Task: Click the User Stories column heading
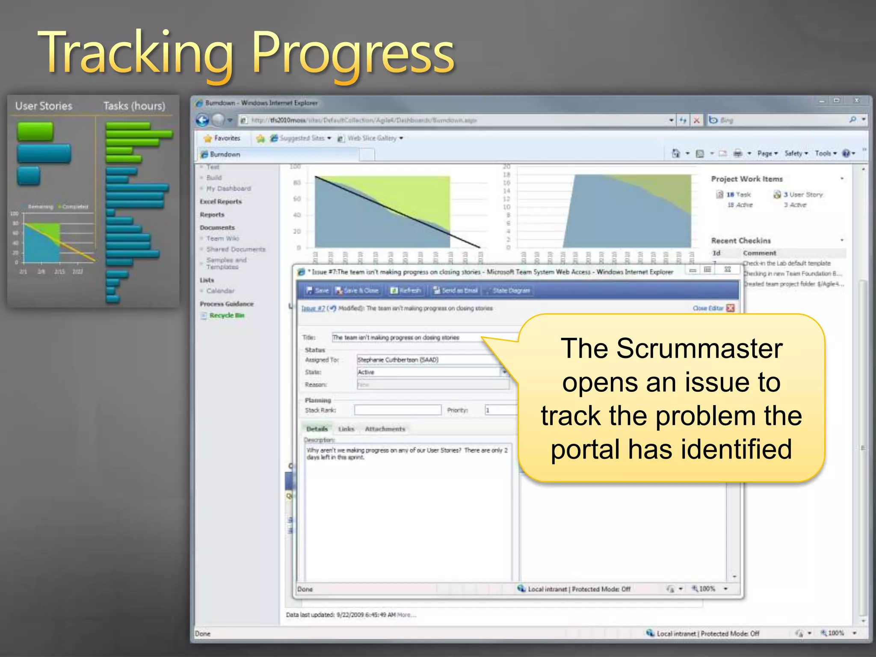[44, 106]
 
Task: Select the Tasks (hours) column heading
[134, 106]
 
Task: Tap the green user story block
[35, 131]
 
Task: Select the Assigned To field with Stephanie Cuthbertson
[428, 360]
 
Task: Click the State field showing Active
[428, 372]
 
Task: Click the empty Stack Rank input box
[397, 410]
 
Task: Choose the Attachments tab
[385, 429]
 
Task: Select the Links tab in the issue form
[346, 429]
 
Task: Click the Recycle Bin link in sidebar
[227, 315]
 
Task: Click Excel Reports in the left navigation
[221, 201]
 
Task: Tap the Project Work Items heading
[747, 179]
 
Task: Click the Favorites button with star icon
[222, 138]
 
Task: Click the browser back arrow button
[202, 120]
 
